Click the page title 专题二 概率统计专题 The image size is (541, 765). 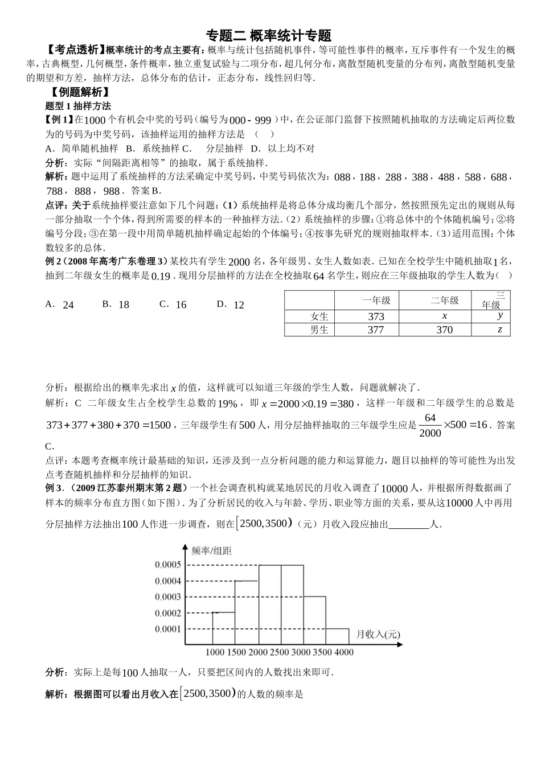(x=269, y=35)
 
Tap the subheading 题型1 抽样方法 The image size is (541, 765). (x=78, y=106)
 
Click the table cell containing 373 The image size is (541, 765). (x=376, y=316)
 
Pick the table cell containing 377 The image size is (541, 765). (x=376, y=330)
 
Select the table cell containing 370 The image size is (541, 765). (x=444, y=330)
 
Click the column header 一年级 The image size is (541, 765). (x=376, y=300)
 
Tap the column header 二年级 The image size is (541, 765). (x=444, y=300)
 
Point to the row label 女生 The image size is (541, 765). (x=319, y=316)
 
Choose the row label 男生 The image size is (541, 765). (x=319, y=330)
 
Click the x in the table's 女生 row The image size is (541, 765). (x=444, y=316)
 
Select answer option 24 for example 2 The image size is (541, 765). (x=68, y=305)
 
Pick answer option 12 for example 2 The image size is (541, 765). (x=239, y=305)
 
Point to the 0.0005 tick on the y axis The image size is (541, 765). (x=168, y=565)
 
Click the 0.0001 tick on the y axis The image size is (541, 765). (x=168, y=629)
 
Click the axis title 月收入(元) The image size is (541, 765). (x=378, y=634)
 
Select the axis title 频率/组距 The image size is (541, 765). (x=212, y=550)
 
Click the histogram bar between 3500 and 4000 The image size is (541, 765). (x=338, y=637)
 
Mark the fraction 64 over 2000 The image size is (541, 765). (x=430, y=425)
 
